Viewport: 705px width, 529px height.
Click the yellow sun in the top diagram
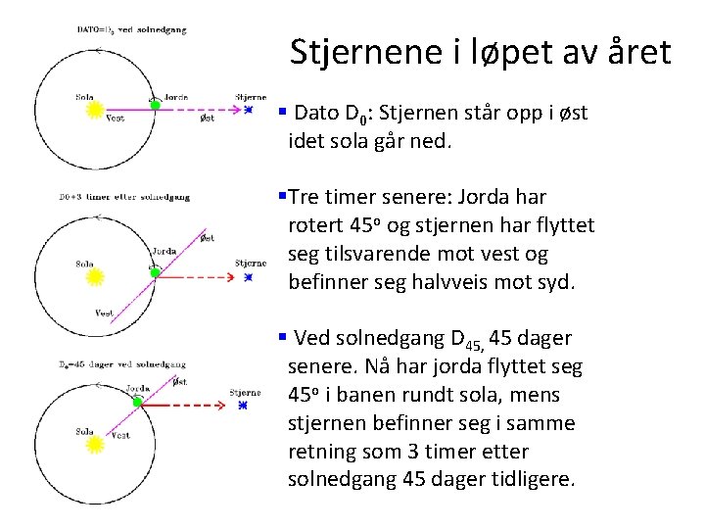(95, 111)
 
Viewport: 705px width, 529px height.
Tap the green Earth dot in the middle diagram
(154, 266)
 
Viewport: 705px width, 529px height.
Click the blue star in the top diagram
(249, 110)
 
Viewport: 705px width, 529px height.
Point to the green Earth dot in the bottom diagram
(138, 402)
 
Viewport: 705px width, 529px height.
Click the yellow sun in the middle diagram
(95, 277)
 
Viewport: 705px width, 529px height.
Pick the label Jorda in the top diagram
(175, 97)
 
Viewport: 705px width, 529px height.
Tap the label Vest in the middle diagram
(105, 313)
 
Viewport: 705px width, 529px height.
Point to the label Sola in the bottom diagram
(84, 431)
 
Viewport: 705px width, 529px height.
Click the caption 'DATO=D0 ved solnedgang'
(131, 30)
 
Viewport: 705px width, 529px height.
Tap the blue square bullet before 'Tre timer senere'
(282, 197)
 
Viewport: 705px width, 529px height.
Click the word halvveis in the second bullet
(416, 283)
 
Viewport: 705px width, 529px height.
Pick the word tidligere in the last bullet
(533, 480)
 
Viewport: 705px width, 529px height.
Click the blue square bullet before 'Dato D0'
(282, 112)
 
